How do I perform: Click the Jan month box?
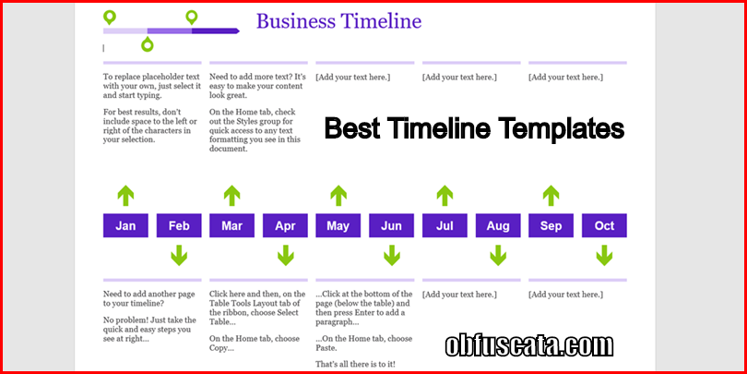pos(125,225)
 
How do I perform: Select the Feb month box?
pos(179,225)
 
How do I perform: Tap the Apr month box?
pos(285,225)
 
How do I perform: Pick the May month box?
pos(338,225)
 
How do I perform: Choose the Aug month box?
pos(498,225)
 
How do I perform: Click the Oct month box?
pos(604,225)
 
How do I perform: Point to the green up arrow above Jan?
pos(125,196)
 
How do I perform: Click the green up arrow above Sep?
pos(551,196)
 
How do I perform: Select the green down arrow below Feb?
pos(179,255)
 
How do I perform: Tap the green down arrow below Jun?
pos(392,255)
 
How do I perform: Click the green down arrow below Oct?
pos(604,255)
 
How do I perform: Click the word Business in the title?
pos(295,21)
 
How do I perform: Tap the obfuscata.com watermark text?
pos(528,346)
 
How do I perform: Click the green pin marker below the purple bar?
pos(148,45)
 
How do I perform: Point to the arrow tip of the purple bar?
pos(239,31)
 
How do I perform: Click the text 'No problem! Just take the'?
pos(149,320)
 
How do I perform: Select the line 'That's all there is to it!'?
pos(355,365)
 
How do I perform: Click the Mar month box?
pos(232,225)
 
